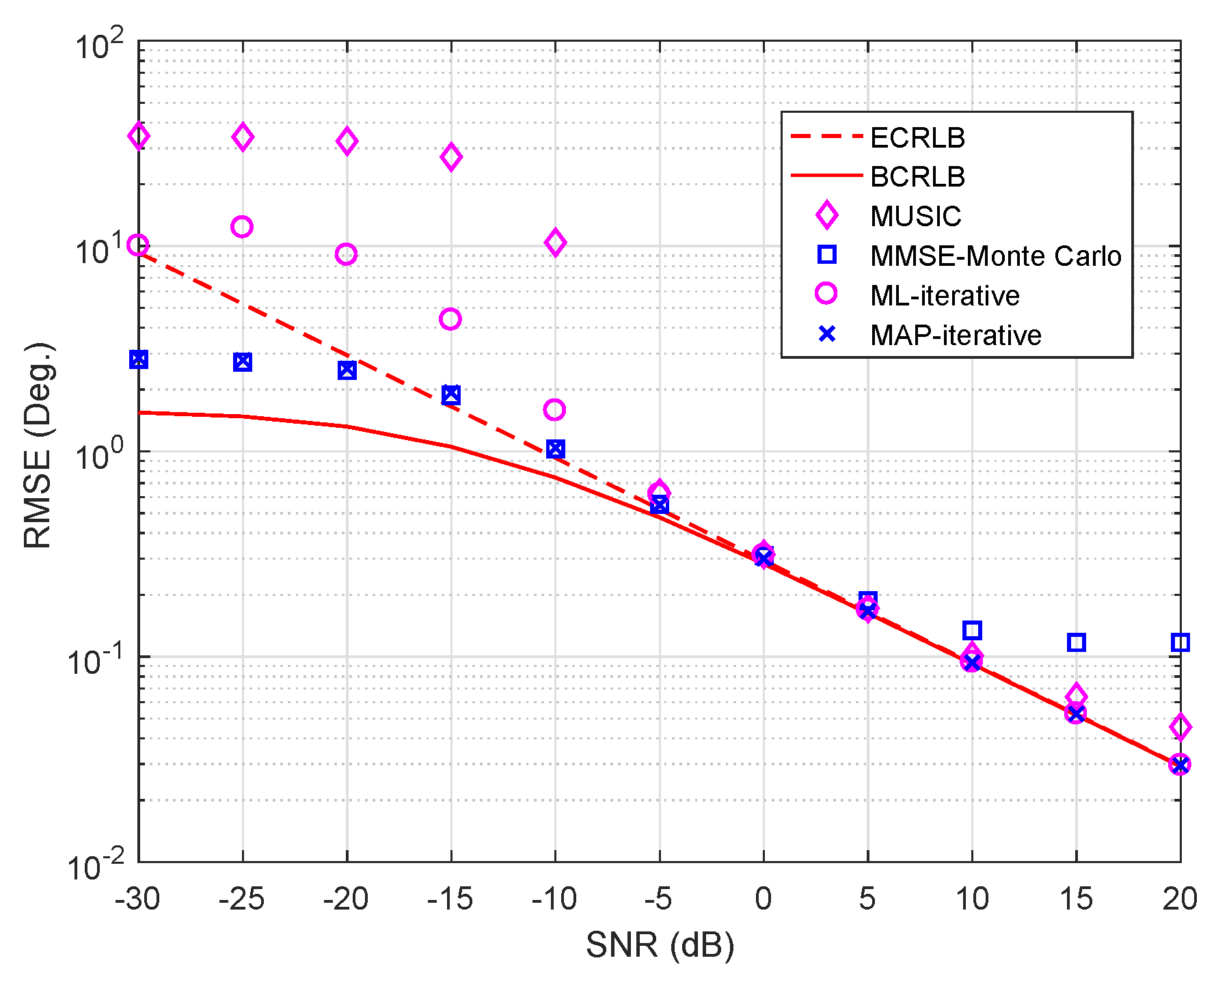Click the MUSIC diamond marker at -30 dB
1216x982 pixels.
[x=139, y=137]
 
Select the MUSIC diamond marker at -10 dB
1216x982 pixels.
[x=555, y=242]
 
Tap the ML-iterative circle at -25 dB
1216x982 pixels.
[x=242, y=227]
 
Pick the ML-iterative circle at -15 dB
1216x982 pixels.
[x=450, y=319]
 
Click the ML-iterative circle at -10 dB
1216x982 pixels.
[x=554, y=410]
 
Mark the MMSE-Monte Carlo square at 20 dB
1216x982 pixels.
[x=1180, y=642]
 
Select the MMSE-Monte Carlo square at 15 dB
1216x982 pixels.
[x=1076, y=642]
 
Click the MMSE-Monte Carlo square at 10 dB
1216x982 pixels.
[x=972, y=630]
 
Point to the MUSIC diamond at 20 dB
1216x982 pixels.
[x=1180, y=726]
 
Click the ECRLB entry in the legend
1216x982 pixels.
[x=917, y=138]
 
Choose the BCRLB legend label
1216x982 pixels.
[x=917, y=177]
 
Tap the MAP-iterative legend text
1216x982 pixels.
[x=955, y=335]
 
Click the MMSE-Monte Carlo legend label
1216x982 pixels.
[x=995, y=256]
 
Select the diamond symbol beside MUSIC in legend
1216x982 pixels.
[x=827, y=215]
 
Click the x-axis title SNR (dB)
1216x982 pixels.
[x=660, y=945]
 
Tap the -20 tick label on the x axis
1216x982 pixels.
[x=346, y=899]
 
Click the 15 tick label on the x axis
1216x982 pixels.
[x=1076, y=899]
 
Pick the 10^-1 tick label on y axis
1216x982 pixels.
[x=96, y=660]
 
